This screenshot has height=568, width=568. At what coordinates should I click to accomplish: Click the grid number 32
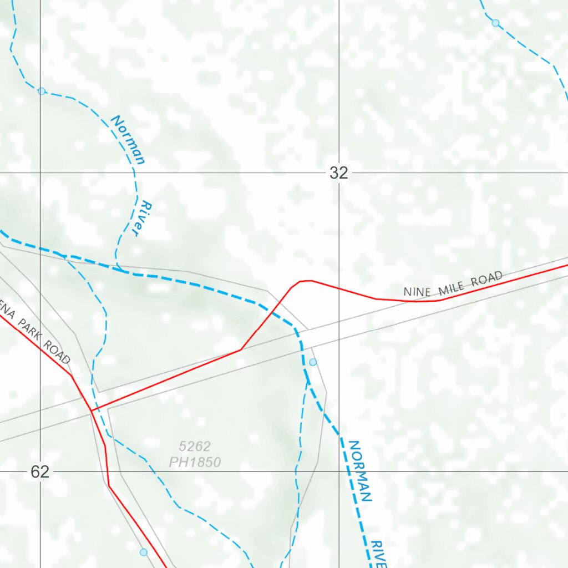coord(338,173)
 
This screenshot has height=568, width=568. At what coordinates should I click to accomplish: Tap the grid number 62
coord(40,472)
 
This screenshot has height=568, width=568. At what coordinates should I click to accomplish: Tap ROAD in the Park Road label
coord(59,353)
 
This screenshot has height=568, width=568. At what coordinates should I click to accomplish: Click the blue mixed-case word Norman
coord(129,140)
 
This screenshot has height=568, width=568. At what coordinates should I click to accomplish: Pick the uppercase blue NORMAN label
coord(359,470)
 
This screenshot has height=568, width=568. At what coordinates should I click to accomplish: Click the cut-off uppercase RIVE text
coord(378,555)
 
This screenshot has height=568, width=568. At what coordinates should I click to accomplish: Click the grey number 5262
coord(195,446)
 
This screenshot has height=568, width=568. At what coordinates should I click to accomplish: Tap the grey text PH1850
coord(195,462)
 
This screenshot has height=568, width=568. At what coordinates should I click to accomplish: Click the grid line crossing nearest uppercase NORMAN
coord(339,471)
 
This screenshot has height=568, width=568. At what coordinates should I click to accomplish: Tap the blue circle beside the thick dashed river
coord(313,362)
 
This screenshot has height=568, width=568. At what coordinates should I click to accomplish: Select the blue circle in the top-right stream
coord(495,23)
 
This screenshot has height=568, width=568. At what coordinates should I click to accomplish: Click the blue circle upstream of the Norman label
coord(42,91)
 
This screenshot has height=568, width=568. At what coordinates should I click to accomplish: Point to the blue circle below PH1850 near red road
coord(144,552)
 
